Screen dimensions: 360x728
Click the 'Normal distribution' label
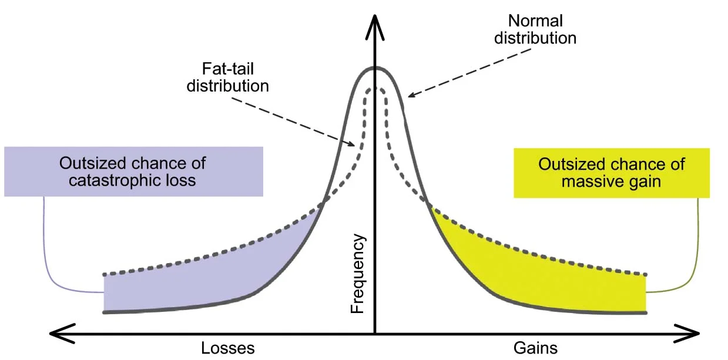click(x=535, y=30)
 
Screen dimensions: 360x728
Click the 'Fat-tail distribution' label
click(x=227, y=77)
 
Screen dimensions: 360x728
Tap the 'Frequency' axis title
click(x=358, y=274)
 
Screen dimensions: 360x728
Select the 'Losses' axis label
click(x=228, y=348)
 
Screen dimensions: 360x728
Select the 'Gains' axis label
click(x=535, y=348)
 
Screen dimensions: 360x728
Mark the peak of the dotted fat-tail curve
click(x=375, y=89)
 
